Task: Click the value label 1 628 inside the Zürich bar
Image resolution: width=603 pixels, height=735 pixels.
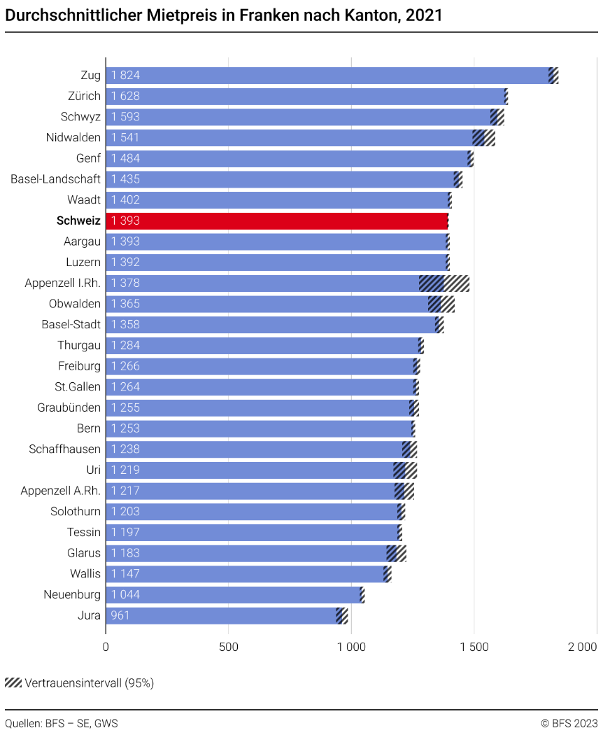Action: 125,97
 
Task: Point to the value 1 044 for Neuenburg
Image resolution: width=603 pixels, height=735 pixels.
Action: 125,595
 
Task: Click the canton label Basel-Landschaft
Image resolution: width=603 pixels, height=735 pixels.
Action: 55,179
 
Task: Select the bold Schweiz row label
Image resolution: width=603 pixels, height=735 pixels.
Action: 78,221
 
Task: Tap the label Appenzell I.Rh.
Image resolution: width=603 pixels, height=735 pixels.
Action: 62,283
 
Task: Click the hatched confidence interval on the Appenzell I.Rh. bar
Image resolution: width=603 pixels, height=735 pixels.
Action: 444,283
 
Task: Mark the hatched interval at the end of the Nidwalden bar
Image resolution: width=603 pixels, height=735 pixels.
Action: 483,138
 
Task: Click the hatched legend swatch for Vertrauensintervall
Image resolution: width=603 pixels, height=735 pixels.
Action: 13,682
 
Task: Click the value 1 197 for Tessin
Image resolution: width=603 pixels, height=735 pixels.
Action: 125,533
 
